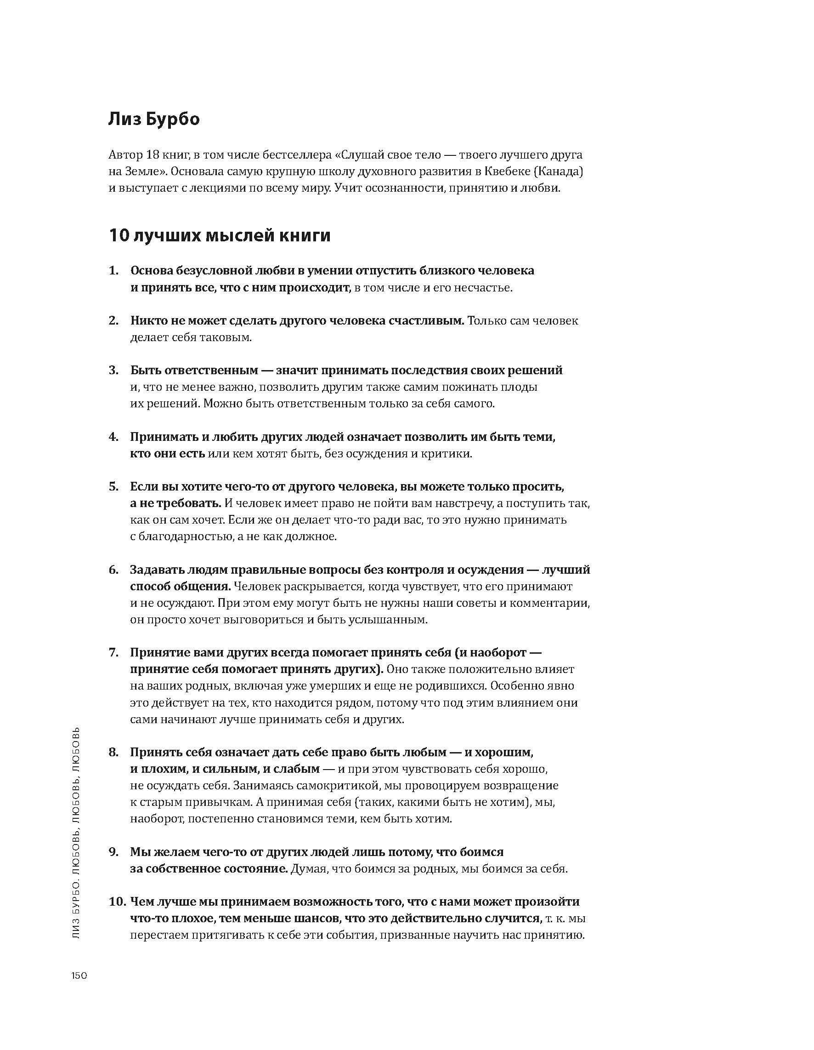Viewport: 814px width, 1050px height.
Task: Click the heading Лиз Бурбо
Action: coord(154,119)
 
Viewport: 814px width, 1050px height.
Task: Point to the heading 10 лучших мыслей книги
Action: coord(220,235)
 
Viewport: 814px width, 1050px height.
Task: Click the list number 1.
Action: coord(113,270)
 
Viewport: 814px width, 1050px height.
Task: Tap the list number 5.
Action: coord(113,486)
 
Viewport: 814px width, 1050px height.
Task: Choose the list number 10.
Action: coord(117,902)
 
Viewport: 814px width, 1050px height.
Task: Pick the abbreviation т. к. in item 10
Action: coord(555,918)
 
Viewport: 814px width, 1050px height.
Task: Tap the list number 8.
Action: coord(113,752)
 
